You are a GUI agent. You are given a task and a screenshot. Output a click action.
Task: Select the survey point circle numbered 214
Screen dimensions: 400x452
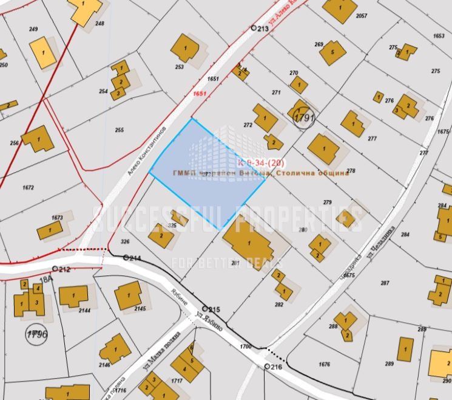pos(126,258)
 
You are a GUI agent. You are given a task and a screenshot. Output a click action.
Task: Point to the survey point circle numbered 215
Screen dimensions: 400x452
pos(206,309)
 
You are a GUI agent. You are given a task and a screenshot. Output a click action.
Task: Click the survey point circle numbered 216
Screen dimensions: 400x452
pos(268,367)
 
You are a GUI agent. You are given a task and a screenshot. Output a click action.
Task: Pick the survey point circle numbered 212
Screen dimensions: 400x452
pos(55,269)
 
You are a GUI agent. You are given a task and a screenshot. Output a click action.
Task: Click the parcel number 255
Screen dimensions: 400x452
pos(118,130)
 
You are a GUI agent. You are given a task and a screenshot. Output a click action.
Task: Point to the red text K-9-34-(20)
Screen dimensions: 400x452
pos(261,163)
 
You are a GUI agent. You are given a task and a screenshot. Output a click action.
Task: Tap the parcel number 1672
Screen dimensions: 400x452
pos(28,187)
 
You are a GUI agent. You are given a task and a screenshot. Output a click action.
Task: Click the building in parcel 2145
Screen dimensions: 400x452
pos(128,297)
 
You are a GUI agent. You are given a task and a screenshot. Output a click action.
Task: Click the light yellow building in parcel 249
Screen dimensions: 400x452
pos(43,52)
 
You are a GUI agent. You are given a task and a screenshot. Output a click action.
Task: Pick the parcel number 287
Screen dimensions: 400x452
pos(385,283)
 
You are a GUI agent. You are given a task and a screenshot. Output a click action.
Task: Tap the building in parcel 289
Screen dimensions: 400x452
pos(405,350)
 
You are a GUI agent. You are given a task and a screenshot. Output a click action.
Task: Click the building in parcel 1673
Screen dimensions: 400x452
pos(49,230)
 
